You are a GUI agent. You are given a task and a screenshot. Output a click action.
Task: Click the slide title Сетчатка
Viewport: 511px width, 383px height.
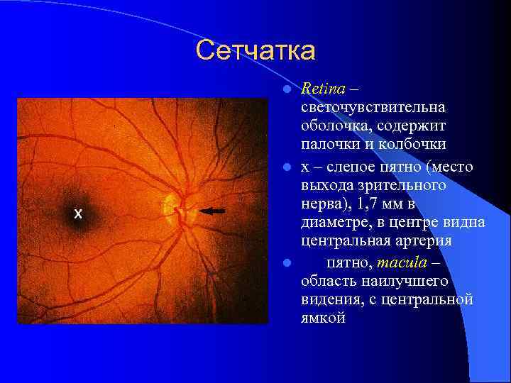[255, 50]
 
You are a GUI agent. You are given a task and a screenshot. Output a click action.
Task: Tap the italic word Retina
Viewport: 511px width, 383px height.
[323, 89]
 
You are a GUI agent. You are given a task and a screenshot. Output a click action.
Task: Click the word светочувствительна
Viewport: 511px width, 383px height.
[373, 108]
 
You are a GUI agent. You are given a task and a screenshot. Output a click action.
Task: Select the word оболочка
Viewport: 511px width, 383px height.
[333, 126]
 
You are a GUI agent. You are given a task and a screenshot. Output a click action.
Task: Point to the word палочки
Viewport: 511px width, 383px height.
[330, 145]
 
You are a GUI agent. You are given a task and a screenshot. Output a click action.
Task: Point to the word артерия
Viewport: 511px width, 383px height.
[427, 242]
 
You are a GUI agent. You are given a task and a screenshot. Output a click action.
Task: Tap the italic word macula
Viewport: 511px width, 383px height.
[402, 263]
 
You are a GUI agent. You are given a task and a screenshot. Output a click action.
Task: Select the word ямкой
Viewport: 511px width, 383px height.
[323, 318]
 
